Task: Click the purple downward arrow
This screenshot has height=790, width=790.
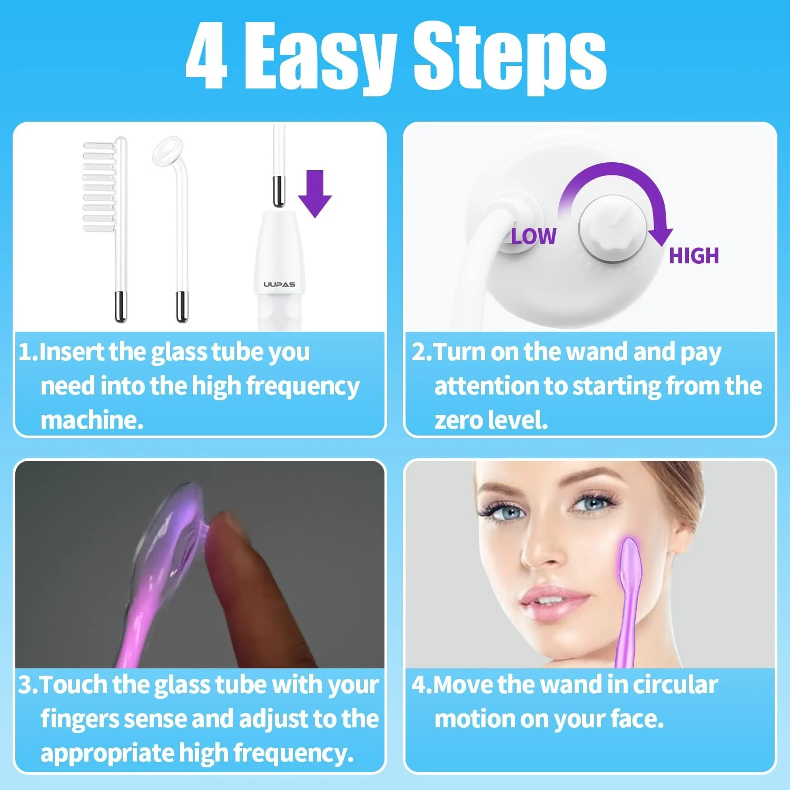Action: point(315,193)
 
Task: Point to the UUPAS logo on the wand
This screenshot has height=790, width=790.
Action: point(279,284)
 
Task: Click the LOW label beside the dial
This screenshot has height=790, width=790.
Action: point(534,236)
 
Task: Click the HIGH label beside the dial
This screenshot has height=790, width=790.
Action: point(694,256)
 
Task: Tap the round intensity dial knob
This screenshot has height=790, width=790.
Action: point(613,232)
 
